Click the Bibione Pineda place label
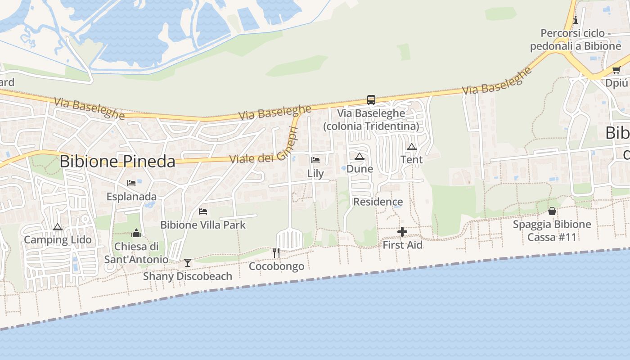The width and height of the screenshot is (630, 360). pyautogui.click(x=117, y=161)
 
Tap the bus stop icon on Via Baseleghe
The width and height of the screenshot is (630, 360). pyautogui.click(x=371, y=100)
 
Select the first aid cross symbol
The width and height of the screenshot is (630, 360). pyautogui.click(x=402, y=232)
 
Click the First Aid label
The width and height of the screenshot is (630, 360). pyautogui.click(x=402, y=245)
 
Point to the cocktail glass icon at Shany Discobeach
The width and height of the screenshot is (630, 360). pyautogui.click(x=188, y=263)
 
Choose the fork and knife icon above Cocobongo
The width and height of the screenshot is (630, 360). pyautogui.click(x=276, y=253)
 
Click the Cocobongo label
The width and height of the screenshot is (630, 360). pyautogui.click(x=276, y=266)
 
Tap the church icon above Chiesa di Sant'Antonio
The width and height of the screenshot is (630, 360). pyautogui.click(x=136, y=233)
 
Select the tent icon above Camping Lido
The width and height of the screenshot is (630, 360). pyautogui.click(x=57, y=227)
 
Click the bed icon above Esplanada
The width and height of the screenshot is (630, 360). pyautogui.click(x=131, y=183)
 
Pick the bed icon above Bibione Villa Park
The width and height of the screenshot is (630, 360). pyautogui.click(x=203, y=211)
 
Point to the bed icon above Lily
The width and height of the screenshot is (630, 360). pyautogui.click(x=315, y=160)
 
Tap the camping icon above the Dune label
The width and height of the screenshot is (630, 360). pyautogui.click(x=359, y=156)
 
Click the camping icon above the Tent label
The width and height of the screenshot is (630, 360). pyautogui.click(x=411, y=147)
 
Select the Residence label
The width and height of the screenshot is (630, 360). pyautogui.click(x=378, y=202)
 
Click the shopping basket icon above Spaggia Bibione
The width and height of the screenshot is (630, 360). pyautogui.click(x=552, y=211)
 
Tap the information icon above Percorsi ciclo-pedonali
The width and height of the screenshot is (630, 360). pyautogui.click(x=576, y=20)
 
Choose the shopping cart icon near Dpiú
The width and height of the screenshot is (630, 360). pyautogui.click(x=616, y=70)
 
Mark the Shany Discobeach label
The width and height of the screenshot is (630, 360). pyautogui.click(x=188, y=276)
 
